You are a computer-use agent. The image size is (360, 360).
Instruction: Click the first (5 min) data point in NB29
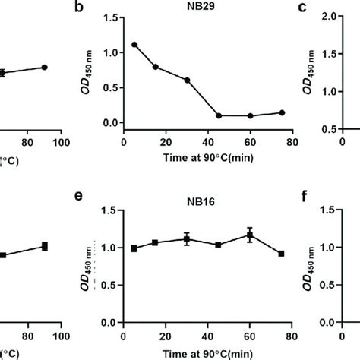pyautogui.click(x=134, y=45)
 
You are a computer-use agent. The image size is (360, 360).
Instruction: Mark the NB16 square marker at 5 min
pyautogui.click(x=134, y=248)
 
